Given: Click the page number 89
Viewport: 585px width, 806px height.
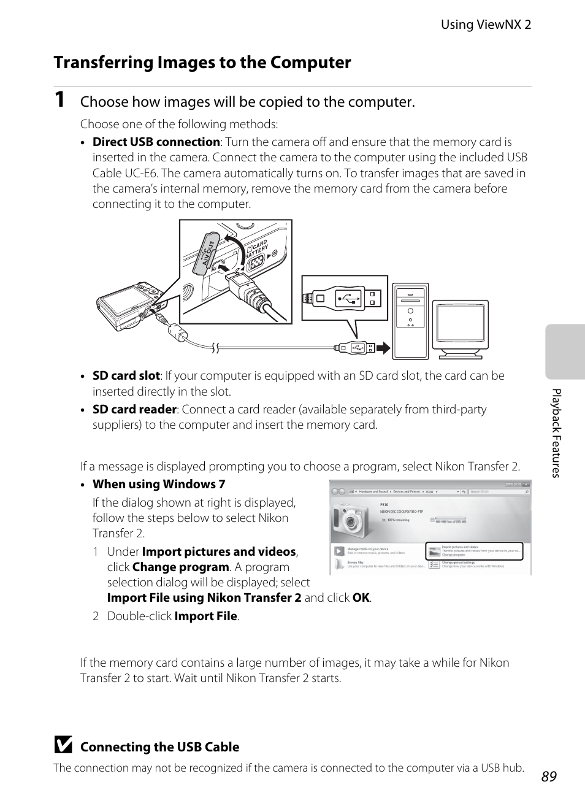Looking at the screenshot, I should tap(549, 777).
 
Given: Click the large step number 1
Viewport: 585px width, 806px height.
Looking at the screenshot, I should tap(60, 100).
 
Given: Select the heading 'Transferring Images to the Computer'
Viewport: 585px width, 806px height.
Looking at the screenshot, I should tap(202, 63).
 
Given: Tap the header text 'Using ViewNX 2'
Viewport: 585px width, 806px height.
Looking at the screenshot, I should tap(486, 25).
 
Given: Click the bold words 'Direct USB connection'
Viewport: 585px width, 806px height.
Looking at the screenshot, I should tap(156, 142).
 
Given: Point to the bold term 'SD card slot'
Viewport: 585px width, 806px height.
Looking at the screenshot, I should tap(126, 375).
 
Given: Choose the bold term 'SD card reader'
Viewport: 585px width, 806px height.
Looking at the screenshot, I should tap(134, 409).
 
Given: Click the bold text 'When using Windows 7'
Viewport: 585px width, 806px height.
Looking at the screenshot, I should tap(159, 484).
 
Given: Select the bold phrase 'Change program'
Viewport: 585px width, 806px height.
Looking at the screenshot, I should tap(180, 567).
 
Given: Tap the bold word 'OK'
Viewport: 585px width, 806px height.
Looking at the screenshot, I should tap(361, 597).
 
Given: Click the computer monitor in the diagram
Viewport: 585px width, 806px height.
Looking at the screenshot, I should tap(461, 328).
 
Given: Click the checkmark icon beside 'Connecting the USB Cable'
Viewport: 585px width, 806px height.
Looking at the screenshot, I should tap(63, 746).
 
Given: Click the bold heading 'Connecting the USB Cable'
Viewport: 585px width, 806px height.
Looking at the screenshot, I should tap(159, 747).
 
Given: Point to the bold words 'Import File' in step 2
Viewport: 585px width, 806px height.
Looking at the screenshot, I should tap(205, 616).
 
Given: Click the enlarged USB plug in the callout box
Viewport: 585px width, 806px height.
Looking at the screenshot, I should tap(343, 299).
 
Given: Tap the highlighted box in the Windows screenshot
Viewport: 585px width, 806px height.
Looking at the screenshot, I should tap(474, 551).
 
